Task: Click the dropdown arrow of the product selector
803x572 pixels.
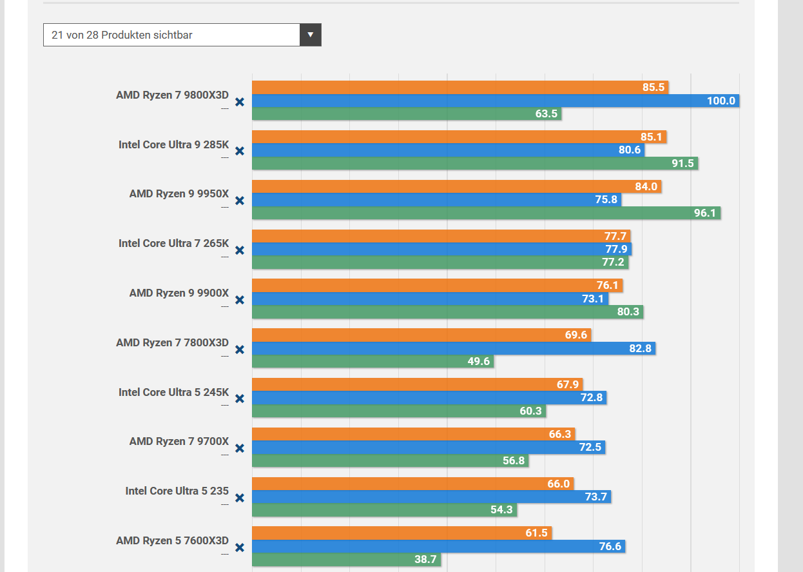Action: (x=310, y=35)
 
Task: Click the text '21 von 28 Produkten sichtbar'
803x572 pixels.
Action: (x=122, y=35)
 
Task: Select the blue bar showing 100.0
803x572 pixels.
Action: (x=495, y=101)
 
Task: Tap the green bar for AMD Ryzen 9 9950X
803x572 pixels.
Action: (x=486, y=213)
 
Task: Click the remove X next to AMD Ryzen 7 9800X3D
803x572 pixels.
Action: (x=239, y=102)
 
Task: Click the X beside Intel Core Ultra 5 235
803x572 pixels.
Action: (x=239, y=498)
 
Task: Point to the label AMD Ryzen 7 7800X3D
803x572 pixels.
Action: (x=172, y=342)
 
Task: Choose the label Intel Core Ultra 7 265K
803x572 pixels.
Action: (x=173, y=243)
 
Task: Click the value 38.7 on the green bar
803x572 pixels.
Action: (x=425, y=560)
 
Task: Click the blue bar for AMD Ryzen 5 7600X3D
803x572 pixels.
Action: (x=438, y=546)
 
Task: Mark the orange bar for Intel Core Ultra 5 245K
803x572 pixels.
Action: (x=417, y=384)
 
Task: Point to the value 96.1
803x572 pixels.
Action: (x=704, y=213)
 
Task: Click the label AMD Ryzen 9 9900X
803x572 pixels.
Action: (x=179, y=293)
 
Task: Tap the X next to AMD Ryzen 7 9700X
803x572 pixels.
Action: (x=239, y=448)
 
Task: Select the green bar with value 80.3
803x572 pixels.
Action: (x=447, y=311)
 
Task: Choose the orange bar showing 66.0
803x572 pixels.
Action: (x=412, y=484)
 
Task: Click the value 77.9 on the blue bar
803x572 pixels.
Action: (x=616, y=249)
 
